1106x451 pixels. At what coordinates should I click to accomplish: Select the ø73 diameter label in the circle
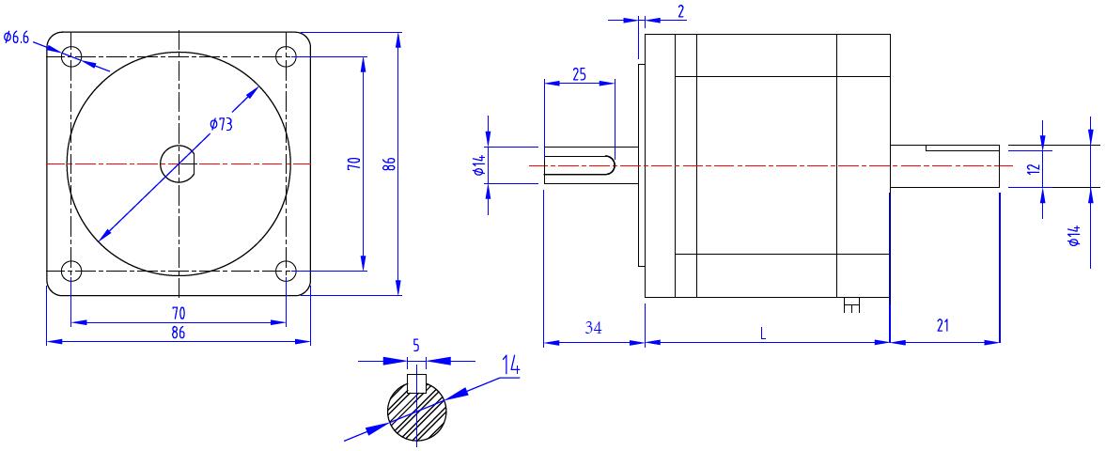click(x=221, y=125)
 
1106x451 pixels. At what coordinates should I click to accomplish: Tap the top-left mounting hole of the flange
click(x=71, y=56)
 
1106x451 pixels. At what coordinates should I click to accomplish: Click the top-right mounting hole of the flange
click(x=286, y=56)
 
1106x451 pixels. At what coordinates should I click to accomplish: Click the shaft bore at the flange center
click(x=178, y=164)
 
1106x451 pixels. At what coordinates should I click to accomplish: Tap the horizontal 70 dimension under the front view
click(x=178, y=312)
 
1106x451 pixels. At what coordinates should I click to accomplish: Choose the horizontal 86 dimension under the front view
click(x=178, y=332)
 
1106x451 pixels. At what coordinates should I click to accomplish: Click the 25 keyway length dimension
click(x=579, y=74)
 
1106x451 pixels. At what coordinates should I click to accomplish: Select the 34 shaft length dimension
click(x=592, y=327)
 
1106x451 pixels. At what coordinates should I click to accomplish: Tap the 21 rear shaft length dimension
click(x=942, y=326)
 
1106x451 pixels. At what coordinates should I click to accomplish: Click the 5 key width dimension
click(x=416, y=346)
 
